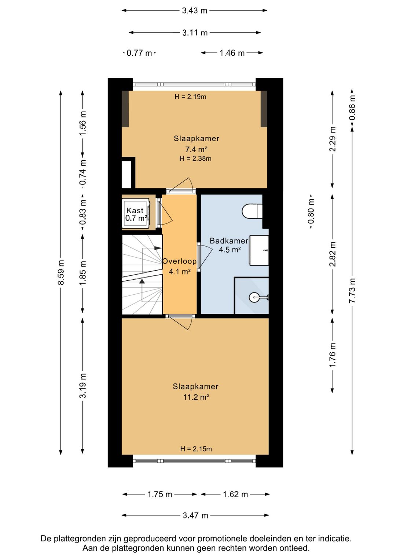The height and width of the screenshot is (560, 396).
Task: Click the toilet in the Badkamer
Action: [252, 211]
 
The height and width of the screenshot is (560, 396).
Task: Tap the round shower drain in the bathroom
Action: [254, 297]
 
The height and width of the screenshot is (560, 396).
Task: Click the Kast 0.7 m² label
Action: [136, 214]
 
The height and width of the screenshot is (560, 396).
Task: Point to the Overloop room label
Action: [179, 261]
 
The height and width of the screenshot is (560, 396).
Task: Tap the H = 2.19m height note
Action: [190, 97]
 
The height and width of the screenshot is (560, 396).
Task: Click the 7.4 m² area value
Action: [196, 149]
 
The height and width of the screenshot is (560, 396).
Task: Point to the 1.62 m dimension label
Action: [235, 494]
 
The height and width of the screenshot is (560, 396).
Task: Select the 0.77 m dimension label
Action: [139, 53]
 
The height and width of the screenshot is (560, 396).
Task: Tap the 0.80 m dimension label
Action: [311, 211]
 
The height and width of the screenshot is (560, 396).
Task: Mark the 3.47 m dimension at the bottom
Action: [195, 515]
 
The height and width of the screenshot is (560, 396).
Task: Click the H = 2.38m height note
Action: [196, 159]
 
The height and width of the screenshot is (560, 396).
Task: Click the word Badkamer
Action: [229, 241]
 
